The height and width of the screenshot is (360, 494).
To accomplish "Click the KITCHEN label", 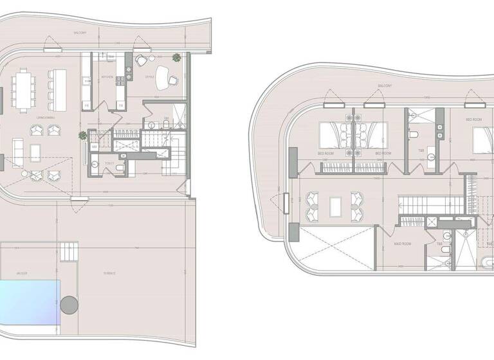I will pos(107,77).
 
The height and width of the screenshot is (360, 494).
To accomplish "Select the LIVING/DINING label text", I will pos(45,118).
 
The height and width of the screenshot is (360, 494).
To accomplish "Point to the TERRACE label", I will pos(109,273).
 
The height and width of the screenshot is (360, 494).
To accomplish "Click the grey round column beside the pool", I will pos(69,305).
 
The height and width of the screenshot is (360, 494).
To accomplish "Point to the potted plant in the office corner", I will pos(176,59).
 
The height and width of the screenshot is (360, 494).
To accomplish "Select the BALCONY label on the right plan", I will pos(385,84).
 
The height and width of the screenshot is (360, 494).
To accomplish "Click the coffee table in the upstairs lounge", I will pos(335,206).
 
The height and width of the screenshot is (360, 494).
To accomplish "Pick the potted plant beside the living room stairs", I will pos(82,136).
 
